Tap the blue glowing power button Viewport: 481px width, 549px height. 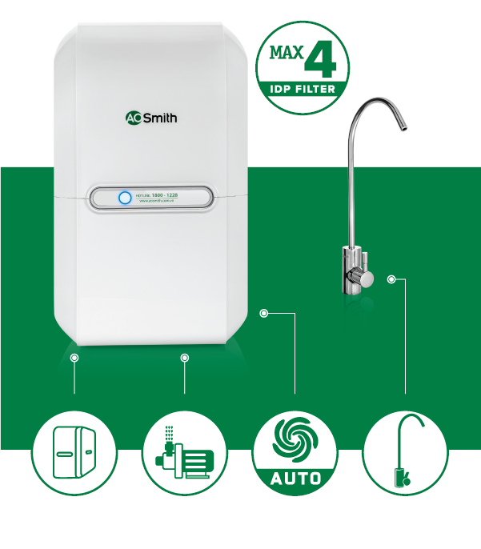125,198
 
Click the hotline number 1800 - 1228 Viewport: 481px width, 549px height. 173,194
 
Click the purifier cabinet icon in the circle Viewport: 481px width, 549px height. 74,453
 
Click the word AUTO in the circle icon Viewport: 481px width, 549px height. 295,479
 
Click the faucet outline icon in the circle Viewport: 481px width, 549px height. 405,453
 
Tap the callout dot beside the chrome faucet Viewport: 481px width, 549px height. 391,279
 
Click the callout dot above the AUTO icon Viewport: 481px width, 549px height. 264,313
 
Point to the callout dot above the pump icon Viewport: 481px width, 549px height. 185,358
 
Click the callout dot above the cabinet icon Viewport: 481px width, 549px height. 74,358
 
